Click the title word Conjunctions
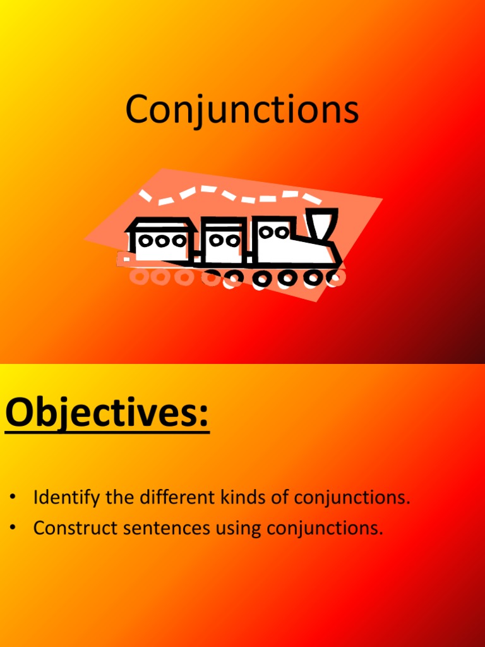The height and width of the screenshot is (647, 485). [x=242, y=110]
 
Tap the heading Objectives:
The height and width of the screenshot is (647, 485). [x=107, y=414]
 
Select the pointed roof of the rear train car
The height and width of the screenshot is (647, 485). [x=161, y=224]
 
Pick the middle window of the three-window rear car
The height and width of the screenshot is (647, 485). [x=162, y=241]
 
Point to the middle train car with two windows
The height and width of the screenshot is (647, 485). [x=224, y=240]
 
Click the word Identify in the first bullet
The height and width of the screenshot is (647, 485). [x=66, y=498]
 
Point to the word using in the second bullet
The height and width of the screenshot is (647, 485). [x=239, y=529]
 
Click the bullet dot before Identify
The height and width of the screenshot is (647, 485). [x=12, y=498]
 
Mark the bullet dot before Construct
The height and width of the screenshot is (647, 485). [x=12, y=528]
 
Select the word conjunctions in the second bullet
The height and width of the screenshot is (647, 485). [x=325, y=528]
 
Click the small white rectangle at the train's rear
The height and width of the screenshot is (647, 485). [x=127, y=258]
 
